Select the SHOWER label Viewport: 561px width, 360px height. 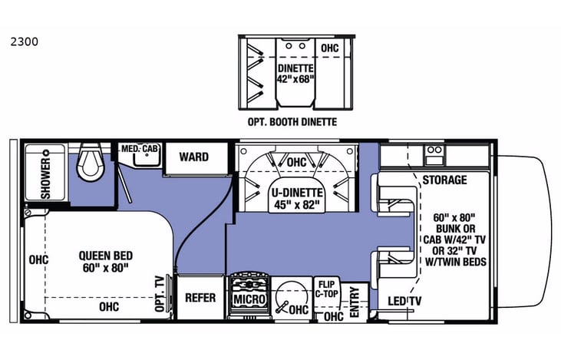(x=46, y=178)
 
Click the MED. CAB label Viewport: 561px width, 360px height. (x=139, y=147)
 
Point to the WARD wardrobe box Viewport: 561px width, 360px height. (x=194, y=157)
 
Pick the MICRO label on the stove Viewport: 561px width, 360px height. (x=250, y=299)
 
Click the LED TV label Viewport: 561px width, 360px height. (x=406, y=300)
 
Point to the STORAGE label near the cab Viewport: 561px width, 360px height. (x=444, y=180)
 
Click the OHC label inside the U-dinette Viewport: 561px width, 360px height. (x=296, y=163)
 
